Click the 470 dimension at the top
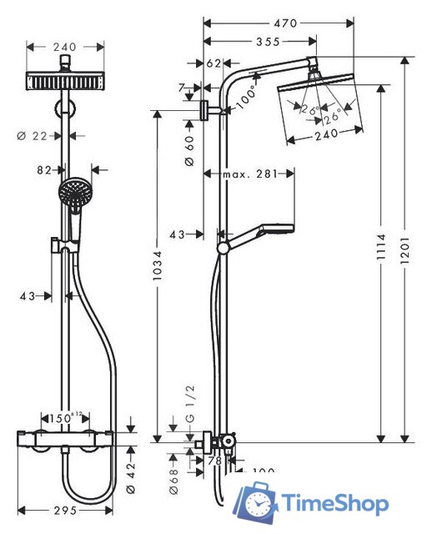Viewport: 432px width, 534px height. [x=285, y=23]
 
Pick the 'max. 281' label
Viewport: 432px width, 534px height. [x=249, y=174]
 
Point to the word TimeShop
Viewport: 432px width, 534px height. [x=334, y=504]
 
